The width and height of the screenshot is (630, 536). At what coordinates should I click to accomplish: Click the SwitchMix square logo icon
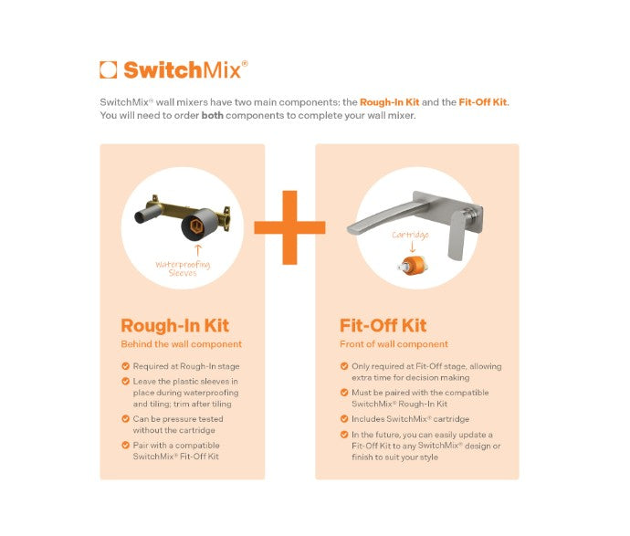[108, 69]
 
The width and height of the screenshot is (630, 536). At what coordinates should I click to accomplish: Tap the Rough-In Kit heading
[174, 326]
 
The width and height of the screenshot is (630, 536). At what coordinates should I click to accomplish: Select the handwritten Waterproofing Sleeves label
[183, 268]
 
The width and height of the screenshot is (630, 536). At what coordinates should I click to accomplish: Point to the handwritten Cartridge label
[410, 235]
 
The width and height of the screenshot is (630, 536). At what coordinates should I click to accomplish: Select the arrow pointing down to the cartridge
[411, 247]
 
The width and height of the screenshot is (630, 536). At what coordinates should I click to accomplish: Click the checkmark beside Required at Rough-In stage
[125, 366]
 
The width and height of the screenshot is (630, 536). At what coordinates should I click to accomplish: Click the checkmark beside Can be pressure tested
[125, 419]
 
